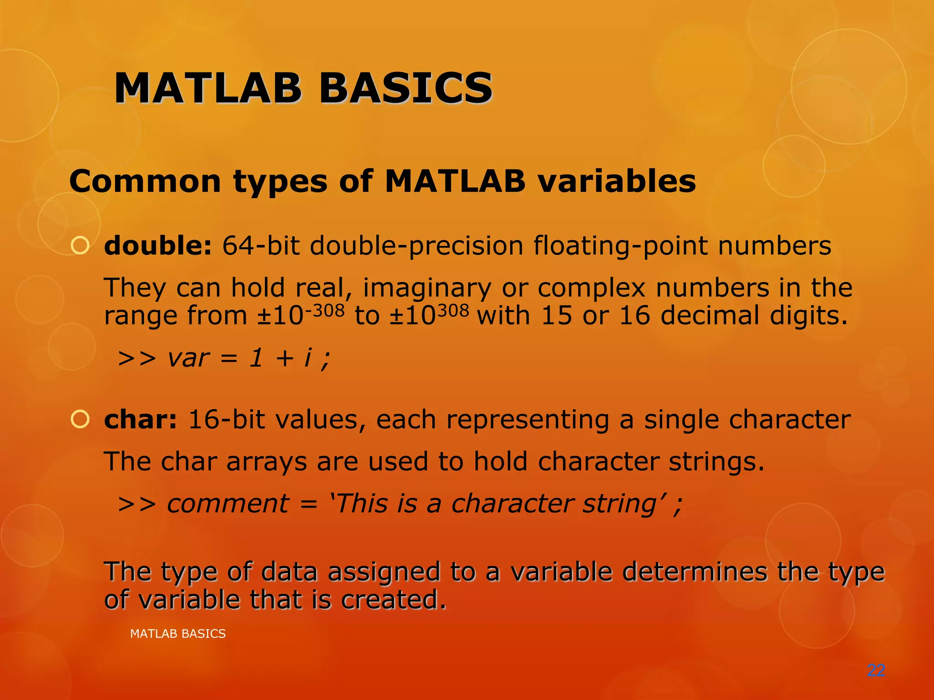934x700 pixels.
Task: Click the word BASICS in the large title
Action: coord(405,88)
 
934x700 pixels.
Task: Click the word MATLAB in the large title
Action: coord(208,88)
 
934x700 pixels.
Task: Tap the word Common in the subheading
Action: coord(145,181)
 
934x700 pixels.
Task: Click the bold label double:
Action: coord(158,246)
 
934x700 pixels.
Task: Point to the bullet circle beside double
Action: coord(80,246)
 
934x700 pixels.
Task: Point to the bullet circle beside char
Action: coord(80,419)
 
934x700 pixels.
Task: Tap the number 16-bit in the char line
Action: coord(226,419)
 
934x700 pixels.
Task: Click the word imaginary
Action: coord(427,288)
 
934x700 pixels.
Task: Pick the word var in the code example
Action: coord(188,358)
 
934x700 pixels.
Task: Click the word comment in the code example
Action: coord(228,504)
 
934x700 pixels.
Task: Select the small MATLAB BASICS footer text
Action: coord(178,634)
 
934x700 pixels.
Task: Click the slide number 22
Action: coord(876,670)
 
